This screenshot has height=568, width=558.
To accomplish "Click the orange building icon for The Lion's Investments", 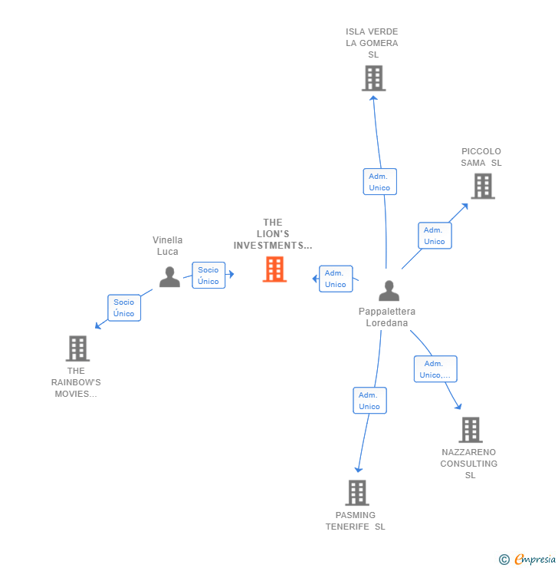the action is [x=274, y=269].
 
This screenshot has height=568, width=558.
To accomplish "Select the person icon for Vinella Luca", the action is [x=169, y=277].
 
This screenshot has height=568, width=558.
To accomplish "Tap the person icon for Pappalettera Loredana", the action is [x=389, y=291].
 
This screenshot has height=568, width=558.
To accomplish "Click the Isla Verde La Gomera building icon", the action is [x=373, y=78].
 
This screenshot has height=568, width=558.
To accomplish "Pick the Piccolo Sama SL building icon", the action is [x=482, y=186].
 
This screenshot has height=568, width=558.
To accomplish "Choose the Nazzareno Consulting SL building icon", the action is [x=470, y=430].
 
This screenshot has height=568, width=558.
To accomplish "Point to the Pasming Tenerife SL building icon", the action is [x=356, y=493].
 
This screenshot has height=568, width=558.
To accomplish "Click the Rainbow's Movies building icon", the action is [x=77, y=348].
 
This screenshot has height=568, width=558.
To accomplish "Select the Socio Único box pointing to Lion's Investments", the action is [x=208, y=276].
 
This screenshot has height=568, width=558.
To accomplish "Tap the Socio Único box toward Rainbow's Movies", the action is [x=123, y=308].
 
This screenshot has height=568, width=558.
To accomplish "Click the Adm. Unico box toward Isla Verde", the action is [x=379, y=182].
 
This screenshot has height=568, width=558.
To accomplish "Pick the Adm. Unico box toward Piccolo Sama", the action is [x=434, y=236].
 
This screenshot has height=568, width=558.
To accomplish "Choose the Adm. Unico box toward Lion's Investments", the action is [x=335, y=279].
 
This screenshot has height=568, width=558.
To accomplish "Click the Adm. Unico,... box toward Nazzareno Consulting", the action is [x=435, y=369].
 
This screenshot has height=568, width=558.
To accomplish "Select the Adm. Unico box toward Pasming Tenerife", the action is [x=369, y=401].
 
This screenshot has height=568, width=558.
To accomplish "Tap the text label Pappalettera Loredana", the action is [x=387, y=318].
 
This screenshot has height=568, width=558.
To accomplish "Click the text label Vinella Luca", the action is [x=168, y=246].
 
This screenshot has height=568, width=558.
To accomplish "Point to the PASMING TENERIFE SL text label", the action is [x=355, y=521].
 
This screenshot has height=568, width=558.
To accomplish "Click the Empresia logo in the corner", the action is [x=528, y=560].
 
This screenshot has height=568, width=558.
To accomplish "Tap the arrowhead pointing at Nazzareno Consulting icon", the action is [x=458, y=406].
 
